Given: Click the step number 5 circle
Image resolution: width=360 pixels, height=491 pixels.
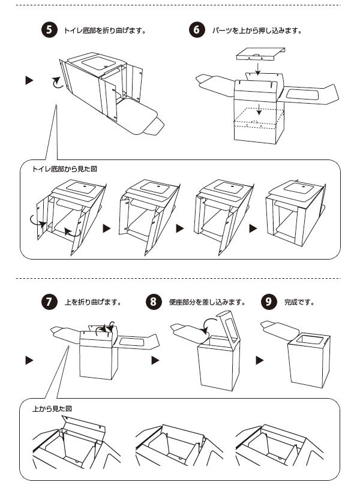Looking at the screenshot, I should coord(50,30).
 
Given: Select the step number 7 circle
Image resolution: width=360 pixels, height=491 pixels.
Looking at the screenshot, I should coord(50,302).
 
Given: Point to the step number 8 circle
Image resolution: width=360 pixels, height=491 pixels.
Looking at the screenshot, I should coord(155,302).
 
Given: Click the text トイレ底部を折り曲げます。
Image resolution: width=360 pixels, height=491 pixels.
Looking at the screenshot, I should coord(105,30).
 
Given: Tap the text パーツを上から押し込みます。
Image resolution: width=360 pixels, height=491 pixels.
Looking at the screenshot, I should coord(257,30).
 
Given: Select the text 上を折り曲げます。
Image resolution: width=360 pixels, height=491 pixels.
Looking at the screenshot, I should coord(93,302).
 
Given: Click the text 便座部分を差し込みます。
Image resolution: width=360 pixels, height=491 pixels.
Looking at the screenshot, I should coord(203,302).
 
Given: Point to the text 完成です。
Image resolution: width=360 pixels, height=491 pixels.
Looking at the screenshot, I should coord(299,302).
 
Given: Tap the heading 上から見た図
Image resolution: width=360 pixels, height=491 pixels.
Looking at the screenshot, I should coord(52,408).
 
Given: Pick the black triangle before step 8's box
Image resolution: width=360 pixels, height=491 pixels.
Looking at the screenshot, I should coord(155,360).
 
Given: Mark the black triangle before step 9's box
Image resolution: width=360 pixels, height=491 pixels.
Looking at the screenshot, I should coord(260,360).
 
